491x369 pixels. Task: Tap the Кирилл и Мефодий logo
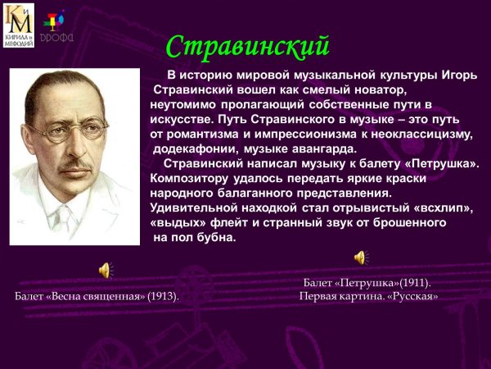(x=19, y=25)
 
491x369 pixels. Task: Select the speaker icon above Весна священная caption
(x=106, y=270)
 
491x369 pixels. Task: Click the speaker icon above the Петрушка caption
(x=361, y=257)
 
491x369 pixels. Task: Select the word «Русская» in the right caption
(x=412, y=296)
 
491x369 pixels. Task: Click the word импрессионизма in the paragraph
(x=282, y=134)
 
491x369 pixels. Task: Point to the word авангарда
(x=325, y=148)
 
